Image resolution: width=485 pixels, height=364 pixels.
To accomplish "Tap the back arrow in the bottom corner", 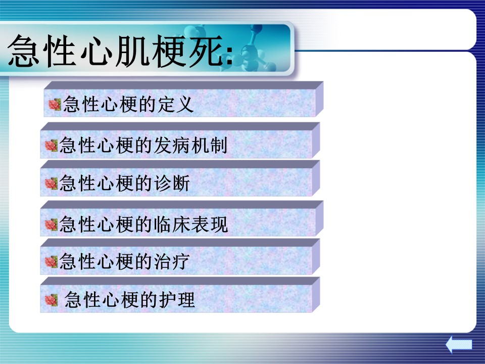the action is [459, 344].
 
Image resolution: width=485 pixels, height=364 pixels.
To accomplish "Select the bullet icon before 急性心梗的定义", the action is [55, 105].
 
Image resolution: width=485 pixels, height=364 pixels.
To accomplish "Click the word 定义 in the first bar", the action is [176, 104].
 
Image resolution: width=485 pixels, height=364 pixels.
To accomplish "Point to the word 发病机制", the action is [190, 145].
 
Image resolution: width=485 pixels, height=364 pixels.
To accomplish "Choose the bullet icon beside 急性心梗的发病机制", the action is [52, 146].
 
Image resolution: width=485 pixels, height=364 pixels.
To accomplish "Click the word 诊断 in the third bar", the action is [172, 183].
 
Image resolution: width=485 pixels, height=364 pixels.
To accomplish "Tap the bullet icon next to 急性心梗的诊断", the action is [52, 184].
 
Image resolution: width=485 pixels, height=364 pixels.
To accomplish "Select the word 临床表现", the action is [190, 224].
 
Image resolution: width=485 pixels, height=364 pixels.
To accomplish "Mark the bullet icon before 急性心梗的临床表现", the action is [52, 224].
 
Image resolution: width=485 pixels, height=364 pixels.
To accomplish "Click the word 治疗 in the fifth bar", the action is [172, 261].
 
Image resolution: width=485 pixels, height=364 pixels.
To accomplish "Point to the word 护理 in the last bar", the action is [177, 300].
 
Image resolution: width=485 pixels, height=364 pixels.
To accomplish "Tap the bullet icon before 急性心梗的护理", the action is [52, 300].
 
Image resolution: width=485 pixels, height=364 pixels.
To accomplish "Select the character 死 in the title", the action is [206, 51].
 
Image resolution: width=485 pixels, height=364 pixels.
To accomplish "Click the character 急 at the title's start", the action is [24, 51].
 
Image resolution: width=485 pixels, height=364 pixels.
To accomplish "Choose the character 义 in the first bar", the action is [185, 104].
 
